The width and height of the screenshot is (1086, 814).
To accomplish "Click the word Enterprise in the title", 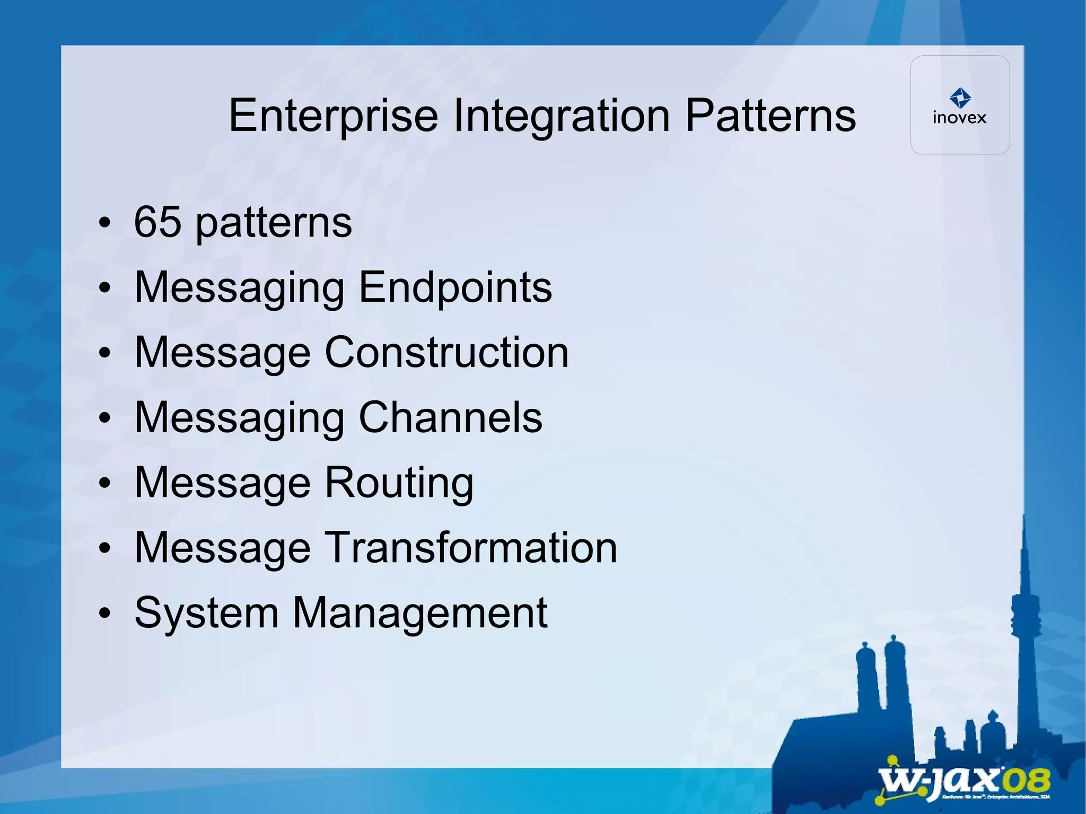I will click(333, 116).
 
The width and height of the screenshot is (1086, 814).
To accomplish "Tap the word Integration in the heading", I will click(561, 116).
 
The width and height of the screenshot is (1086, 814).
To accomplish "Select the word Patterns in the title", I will click(770, 116).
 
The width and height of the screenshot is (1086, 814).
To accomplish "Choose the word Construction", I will click(446, 352).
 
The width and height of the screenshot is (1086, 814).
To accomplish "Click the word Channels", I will click(450, 417).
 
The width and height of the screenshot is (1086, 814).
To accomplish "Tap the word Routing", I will click(399, 483).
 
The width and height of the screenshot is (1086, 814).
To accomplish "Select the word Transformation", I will click(471, 547).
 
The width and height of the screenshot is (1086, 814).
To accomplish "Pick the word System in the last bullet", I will click(206, 612).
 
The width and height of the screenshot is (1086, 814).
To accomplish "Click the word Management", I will click(419, 612).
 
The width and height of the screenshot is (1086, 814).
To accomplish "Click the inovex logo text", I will click(959, 118).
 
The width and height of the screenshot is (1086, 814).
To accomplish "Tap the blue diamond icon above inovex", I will click(960, 98).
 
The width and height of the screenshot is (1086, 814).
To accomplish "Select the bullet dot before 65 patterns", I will click(105, 223).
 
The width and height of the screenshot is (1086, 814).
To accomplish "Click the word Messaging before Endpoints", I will click(239, 287).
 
